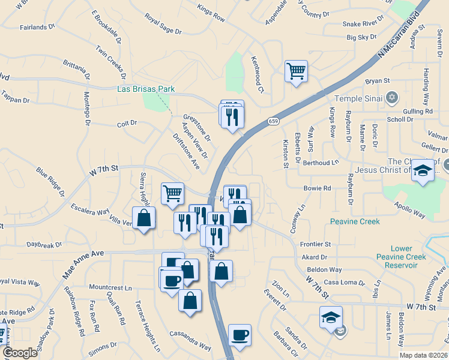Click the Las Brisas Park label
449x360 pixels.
146,89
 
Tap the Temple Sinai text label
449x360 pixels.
358,98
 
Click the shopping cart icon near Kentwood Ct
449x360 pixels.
296,71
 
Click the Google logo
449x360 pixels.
20,353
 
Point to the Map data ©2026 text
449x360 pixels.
423,355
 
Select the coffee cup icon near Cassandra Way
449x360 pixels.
240,335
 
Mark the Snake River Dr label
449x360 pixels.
363,23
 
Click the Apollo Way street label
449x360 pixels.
411,210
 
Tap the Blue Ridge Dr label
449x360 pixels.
50,182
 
